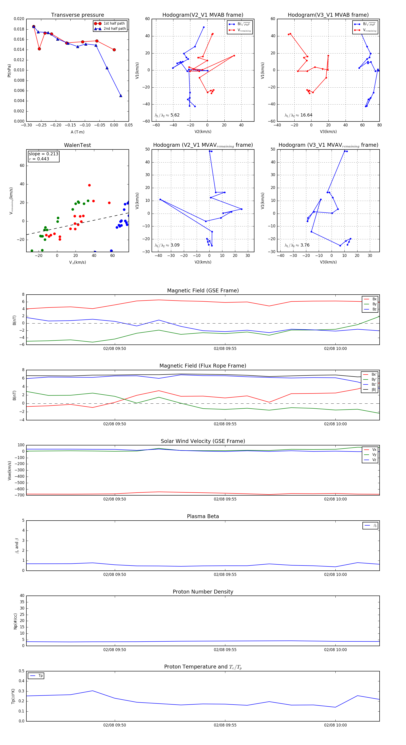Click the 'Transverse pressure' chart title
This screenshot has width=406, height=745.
(77, 15)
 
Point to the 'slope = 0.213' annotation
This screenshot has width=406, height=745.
(43, 154)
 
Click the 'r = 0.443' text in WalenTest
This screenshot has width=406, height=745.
(39, 159)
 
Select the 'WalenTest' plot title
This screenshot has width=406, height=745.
(77, 145)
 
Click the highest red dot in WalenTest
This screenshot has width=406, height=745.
(89, 185)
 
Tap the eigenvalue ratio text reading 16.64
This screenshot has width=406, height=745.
(298, 115)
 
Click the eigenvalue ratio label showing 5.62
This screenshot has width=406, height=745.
(167, 115)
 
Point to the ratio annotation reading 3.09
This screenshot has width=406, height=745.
(167, 245)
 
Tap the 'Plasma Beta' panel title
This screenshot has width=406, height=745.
(203, 517)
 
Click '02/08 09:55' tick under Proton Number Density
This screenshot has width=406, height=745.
(225, 650)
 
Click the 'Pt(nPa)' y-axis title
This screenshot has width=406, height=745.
(9, 70)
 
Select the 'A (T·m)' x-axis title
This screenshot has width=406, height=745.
(77, 132)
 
